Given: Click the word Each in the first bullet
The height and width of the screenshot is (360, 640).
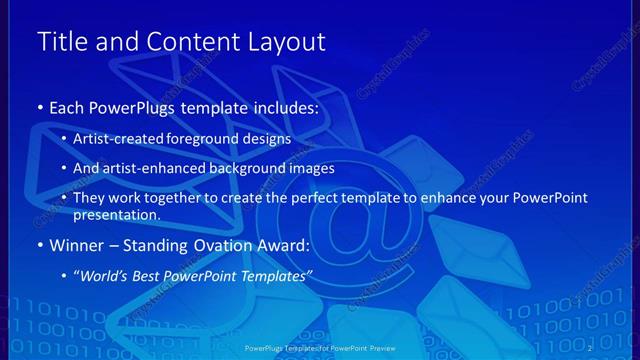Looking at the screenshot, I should pyautogui.click(x=68, y=107).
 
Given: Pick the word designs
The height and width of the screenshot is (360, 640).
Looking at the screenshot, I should pyautogui.click(x=266, y=138).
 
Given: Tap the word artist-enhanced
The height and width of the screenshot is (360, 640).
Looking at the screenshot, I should pyautogui.click(x=146, y=168).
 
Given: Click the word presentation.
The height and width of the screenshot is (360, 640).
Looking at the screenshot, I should pyautogui.click(x=116, y=214).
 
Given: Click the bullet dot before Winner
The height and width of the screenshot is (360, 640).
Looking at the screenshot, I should pyautogui.click(x=39, y=245).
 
